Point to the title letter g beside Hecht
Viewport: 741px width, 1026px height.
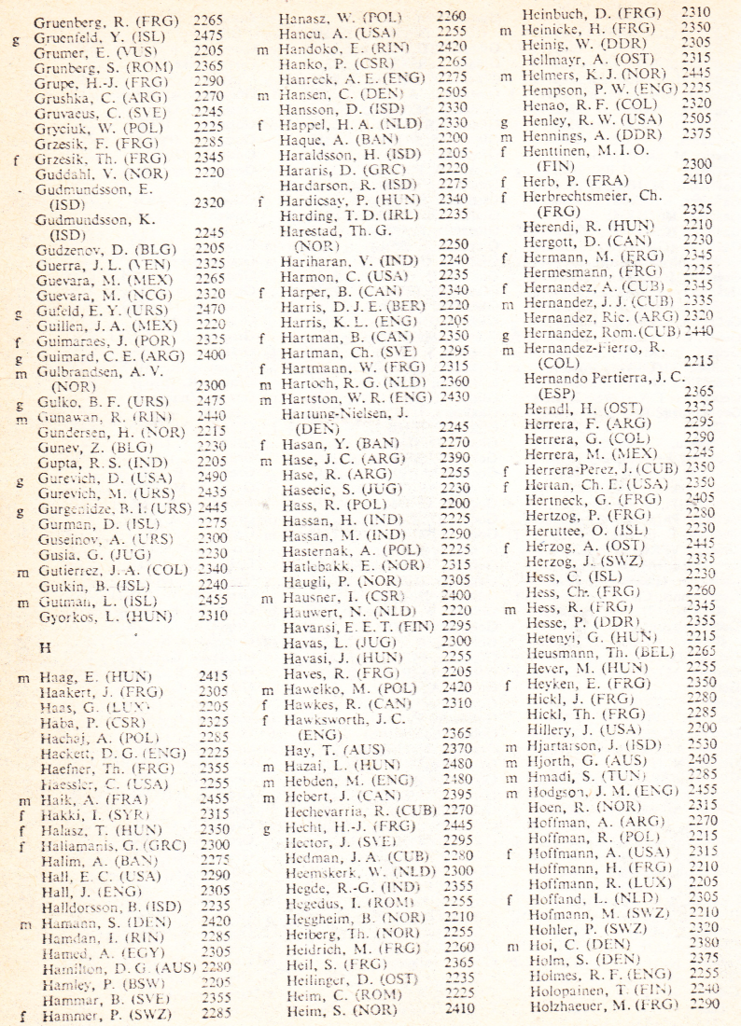[x=268, y=825]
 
